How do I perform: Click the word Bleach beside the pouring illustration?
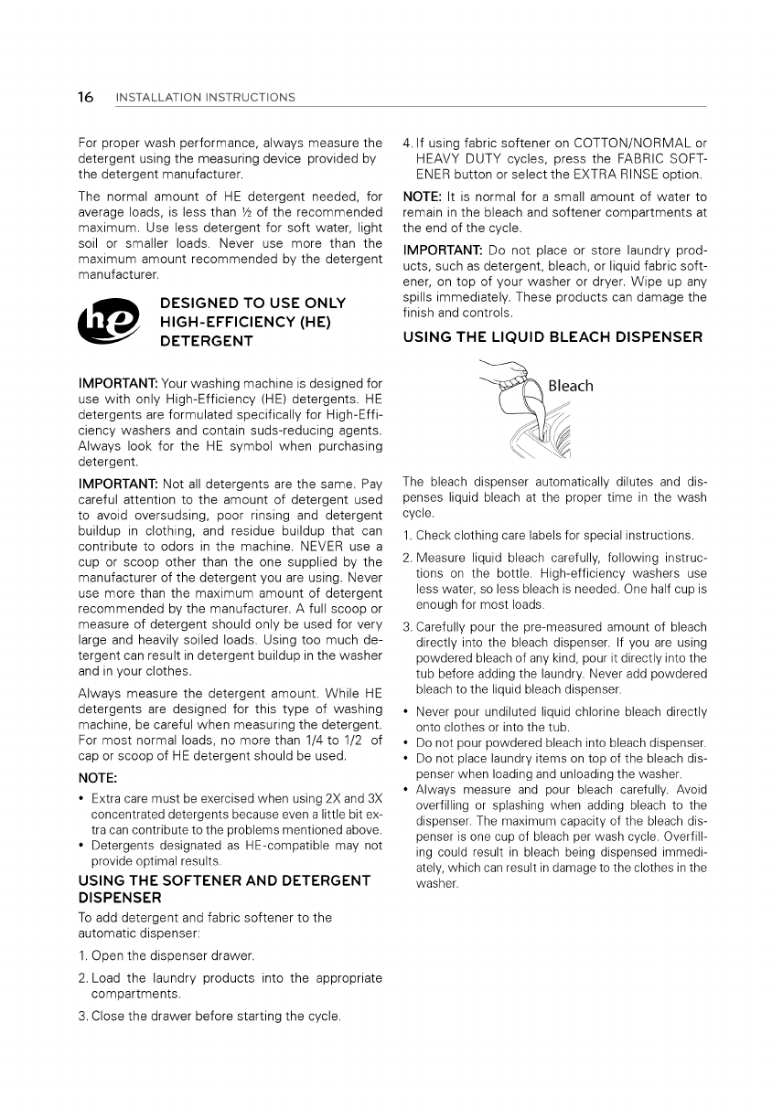pyautogui.click(x=571, y=386)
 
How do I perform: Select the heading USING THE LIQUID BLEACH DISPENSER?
pyautogui.click(x=552, y=337)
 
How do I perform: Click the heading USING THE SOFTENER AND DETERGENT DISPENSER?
pyautogui.click(x=224, y=889)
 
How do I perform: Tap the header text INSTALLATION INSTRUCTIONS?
pyautogui.click(x=206, y=98)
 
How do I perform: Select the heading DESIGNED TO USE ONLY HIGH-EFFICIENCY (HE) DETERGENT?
pyautogui.click(x=252, y=322)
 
